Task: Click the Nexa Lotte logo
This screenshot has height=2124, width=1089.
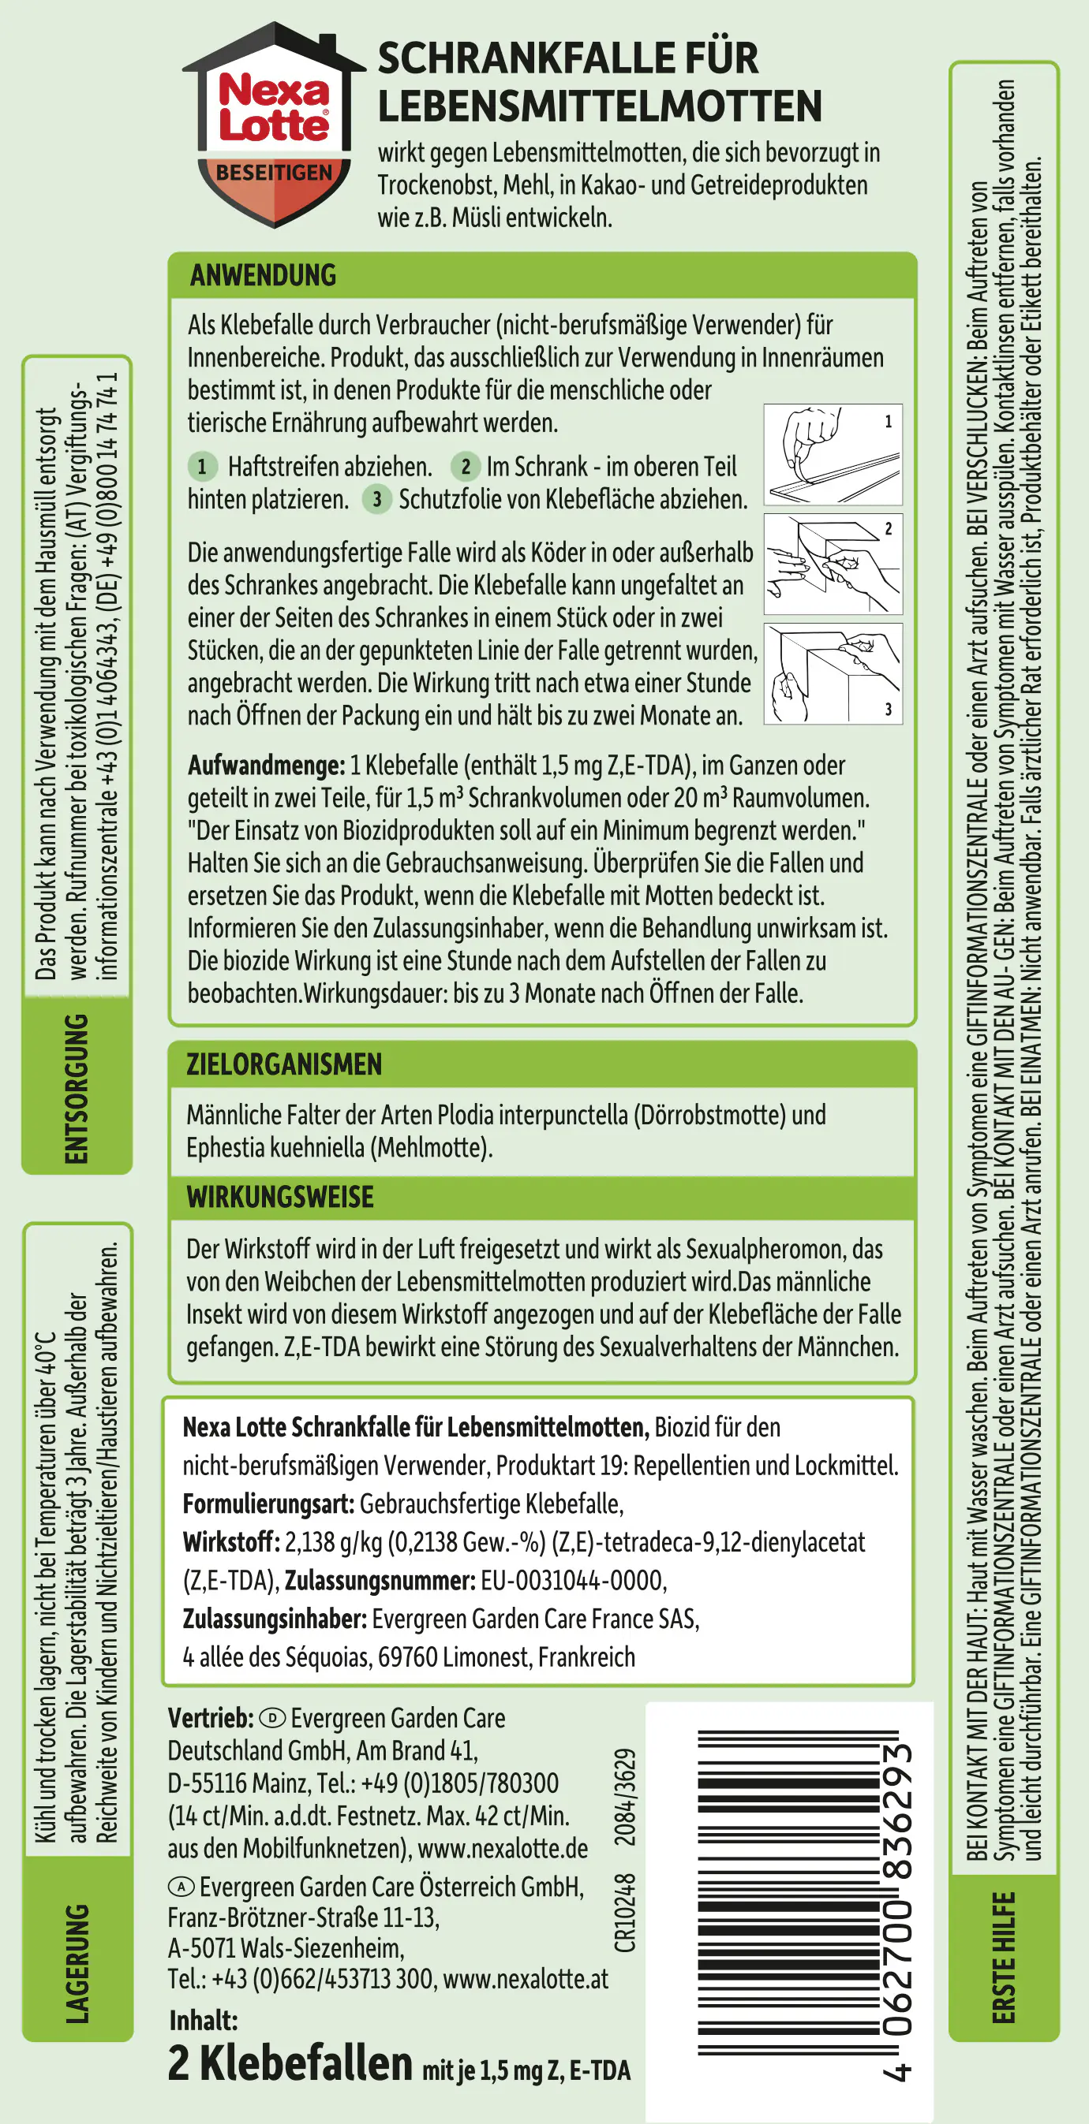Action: coord(274,108)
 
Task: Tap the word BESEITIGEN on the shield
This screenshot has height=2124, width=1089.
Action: coord(274,173)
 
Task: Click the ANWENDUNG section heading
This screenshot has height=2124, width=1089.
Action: coord(264,275)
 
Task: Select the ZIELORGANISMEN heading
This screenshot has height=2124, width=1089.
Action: coord(284,1064)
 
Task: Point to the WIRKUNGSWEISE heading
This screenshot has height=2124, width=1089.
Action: coord(279,1198)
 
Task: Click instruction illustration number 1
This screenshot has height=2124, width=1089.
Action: coord(833,454)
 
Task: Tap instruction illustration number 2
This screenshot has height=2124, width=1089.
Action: coord(833,564)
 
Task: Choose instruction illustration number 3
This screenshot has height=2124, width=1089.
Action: coord(833,673)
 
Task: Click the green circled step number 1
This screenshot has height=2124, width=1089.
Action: coord(202,467)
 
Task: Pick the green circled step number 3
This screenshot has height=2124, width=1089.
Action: coord(377,499)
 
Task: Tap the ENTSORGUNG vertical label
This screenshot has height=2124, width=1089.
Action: coord(77,1088)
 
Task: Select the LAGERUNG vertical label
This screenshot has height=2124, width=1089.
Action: coord(77,1962)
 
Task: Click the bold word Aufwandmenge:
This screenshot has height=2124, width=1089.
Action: coord(266,766)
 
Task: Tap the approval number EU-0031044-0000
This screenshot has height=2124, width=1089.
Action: coord(574,1581)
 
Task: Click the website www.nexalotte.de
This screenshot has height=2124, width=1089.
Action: coord(503,1850)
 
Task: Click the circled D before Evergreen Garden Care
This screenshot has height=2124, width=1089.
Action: coord(272,1718)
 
